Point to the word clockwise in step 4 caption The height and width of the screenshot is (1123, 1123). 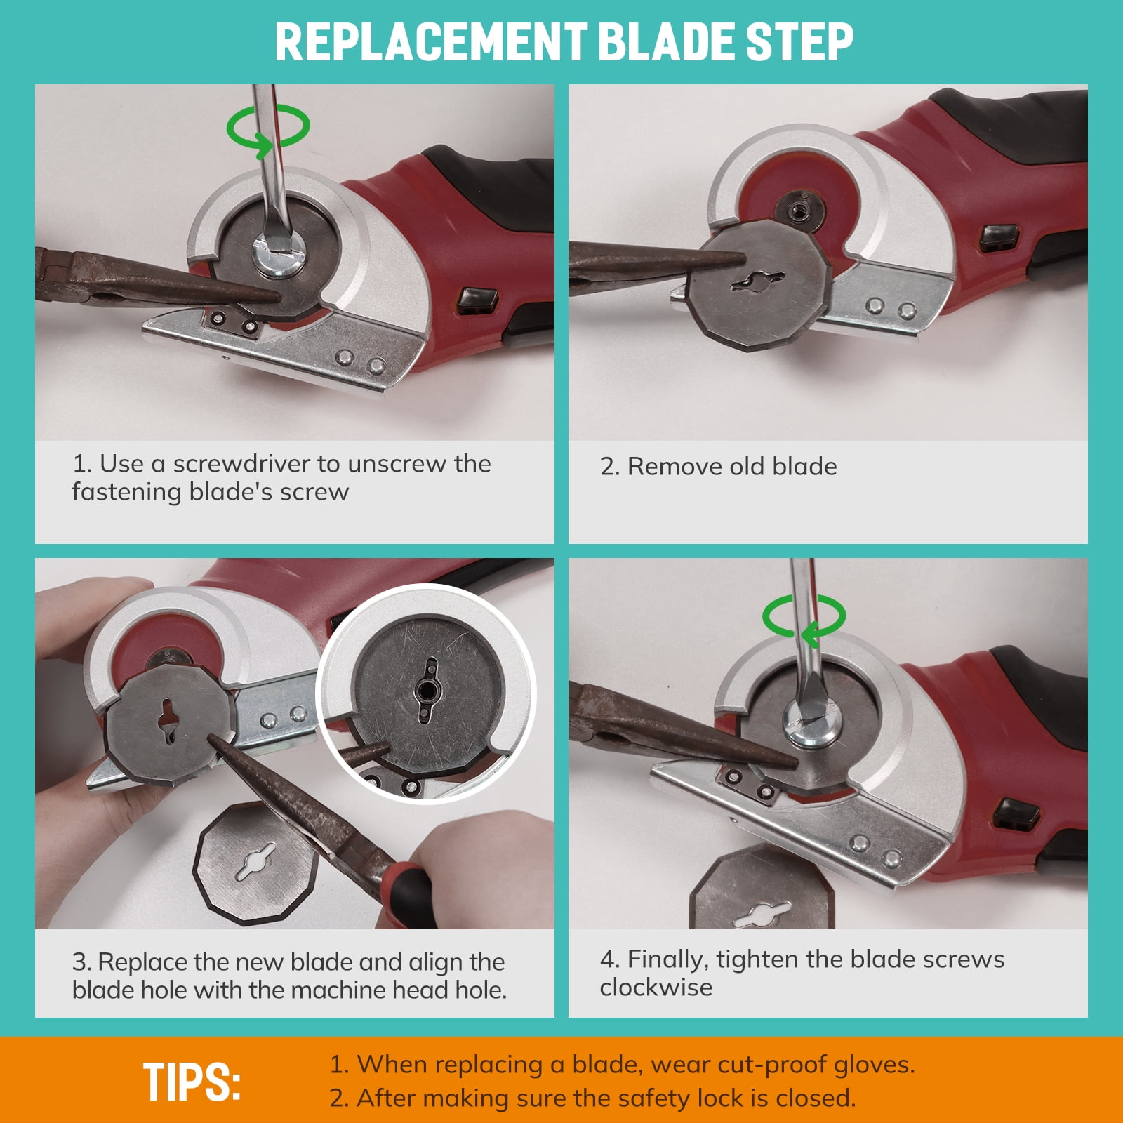tap(656, 987)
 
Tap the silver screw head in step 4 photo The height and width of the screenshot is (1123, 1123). tap(813, 724)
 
